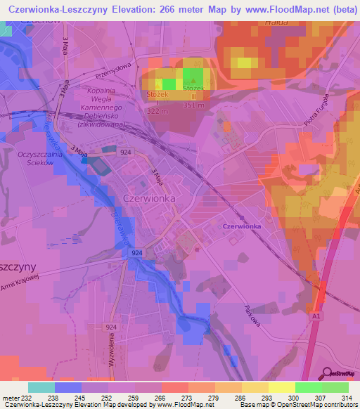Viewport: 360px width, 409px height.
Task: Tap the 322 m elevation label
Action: click(158, 112)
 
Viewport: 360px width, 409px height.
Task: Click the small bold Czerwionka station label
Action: click(241, 226)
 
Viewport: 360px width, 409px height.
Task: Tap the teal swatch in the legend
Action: click(41, 387)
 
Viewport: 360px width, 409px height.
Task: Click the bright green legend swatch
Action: click(308, 387)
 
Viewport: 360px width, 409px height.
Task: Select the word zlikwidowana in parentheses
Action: click(94, 123)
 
